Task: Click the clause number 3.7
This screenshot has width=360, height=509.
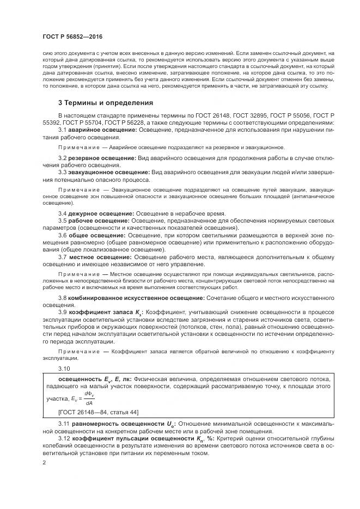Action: [x=63, y=256]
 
